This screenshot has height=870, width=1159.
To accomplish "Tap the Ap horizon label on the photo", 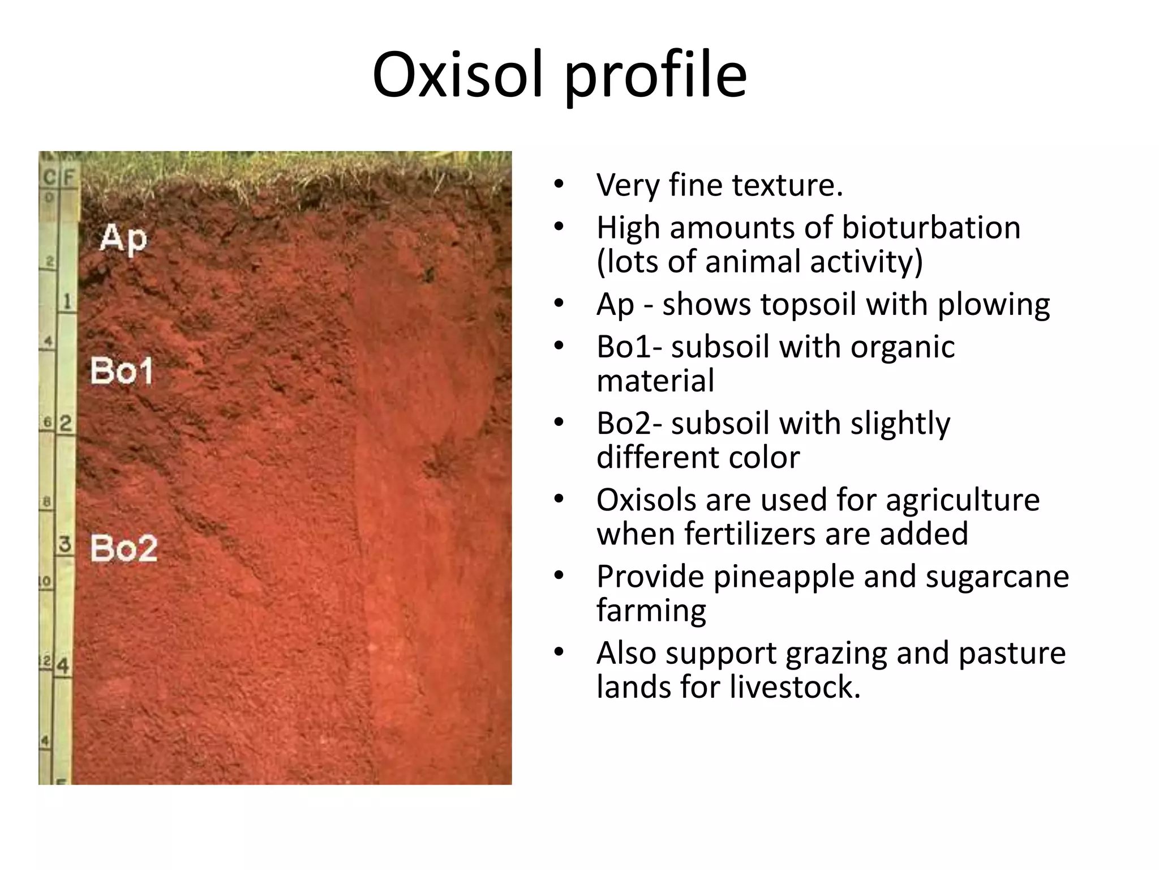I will [x=123, y=238].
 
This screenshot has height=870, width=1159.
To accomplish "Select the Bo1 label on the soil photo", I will [x=122, y=372].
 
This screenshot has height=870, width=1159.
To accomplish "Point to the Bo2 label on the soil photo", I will [x=124, y=548].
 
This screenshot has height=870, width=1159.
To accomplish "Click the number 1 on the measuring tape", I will [x=67, y=301].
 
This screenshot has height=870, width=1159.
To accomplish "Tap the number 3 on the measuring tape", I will [x=65, y=544].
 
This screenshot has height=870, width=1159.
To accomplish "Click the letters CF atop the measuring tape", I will [x=59, y=178].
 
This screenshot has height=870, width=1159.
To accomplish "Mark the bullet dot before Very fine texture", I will [x=559, y=184].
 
